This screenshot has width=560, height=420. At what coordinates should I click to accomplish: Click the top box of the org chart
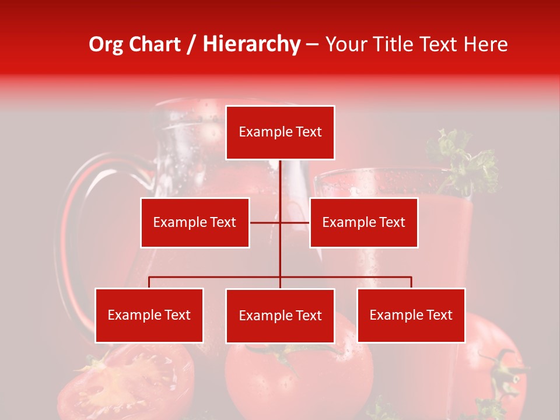[280, 132]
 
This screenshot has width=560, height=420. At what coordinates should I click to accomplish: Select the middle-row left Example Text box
[195, 222]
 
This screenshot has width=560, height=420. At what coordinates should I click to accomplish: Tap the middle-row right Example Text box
[363, 222]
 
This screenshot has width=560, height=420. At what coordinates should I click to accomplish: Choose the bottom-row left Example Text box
[149, 315]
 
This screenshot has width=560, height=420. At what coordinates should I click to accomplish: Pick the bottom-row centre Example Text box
[280, 316]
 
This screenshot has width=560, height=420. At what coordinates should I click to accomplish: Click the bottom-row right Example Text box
[411, 315]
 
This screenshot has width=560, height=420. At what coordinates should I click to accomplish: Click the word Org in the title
[106, 44]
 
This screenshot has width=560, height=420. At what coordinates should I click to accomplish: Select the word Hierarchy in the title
[251, 44]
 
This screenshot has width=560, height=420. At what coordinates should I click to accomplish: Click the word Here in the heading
[485, 44]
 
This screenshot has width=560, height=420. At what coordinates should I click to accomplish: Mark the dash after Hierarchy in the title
[312, 44]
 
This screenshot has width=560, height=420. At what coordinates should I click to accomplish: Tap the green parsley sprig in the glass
[464, 160]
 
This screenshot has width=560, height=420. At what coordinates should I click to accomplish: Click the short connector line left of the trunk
[265, 222]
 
